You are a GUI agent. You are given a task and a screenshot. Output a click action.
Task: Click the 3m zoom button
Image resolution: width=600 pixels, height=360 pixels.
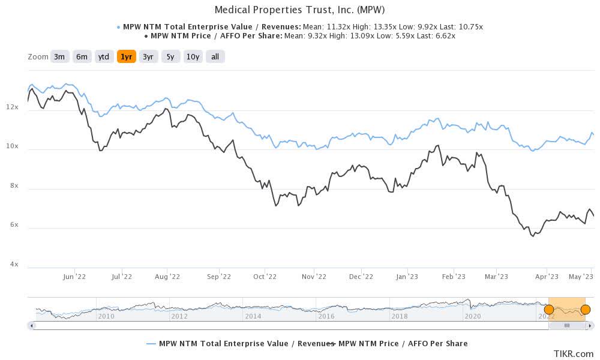point(59,57)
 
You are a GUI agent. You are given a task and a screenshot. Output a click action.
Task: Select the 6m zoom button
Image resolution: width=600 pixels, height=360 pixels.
point(82,57)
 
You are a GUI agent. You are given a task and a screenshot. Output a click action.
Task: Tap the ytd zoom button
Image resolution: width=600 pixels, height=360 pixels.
point(104,57)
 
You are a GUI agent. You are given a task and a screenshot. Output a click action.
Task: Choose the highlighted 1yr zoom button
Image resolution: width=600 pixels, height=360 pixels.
point(126,57)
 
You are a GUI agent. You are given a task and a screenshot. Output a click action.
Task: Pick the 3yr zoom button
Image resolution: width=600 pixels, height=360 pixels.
point(148,57)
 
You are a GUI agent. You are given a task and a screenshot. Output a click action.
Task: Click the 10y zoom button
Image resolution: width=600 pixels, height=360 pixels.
point(193,57)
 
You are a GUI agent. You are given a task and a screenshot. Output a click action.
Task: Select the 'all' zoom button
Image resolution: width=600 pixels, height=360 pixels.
point(215,57)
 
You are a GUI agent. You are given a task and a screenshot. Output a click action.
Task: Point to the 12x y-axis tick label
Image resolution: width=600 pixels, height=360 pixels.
point(11,107)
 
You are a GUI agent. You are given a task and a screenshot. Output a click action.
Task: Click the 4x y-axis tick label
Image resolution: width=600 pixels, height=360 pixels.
point(11,264)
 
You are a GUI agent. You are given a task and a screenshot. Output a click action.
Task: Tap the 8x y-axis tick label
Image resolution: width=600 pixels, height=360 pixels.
point(11,185)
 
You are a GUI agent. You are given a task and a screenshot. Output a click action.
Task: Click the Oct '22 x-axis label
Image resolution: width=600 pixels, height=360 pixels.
point(264,277)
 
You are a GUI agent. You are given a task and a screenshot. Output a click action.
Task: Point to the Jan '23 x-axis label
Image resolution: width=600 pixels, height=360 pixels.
point(407,277)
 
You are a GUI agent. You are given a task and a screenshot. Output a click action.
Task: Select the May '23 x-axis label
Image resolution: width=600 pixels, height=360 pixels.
point(581,277)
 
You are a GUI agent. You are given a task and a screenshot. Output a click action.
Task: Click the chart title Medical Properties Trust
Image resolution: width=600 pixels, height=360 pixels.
point(299,10)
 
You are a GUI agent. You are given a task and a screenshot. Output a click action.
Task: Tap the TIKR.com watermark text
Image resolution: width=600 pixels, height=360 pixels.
point(574,353)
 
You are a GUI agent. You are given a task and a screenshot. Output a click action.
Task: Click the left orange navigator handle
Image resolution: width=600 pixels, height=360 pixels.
point(548,310)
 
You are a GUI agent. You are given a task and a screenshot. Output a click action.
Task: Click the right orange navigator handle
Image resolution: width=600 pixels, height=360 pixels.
point(586,310)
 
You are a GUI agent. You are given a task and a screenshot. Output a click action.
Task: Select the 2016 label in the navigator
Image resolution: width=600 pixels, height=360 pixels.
point(326,316)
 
